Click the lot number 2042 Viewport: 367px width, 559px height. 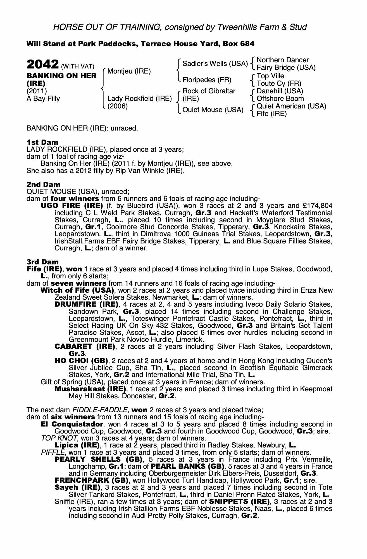click(42, 65)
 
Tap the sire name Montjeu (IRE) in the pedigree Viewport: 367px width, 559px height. click(129, 71)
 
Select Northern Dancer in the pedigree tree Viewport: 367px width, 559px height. click(283, 60)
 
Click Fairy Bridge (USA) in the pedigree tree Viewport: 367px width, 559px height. click(286, 68)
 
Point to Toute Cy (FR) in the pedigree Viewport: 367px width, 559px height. click(279, 84)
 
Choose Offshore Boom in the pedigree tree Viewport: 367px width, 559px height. click(280, 99)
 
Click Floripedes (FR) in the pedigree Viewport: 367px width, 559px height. click(207, 80)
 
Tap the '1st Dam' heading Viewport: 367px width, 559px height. click(42, 142)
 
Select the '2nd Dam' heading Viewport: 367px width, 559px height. click(43, 184)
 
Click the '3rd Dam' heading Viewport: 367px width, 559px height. click(43, 262)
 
